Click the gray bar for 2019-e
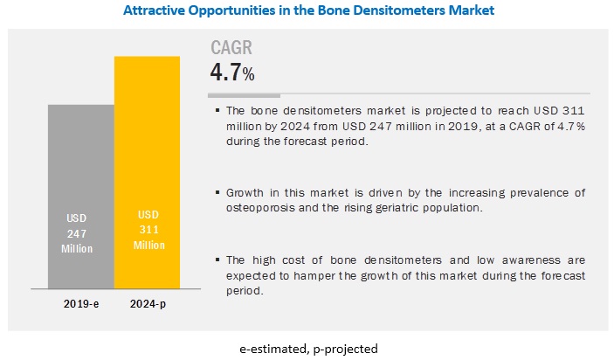(x=80, y=175)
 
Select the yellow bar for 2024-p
(x=147, y=157)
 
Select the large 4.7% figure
(x=232, y=72)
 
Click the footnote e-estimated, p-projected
(x=307, y=348)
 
